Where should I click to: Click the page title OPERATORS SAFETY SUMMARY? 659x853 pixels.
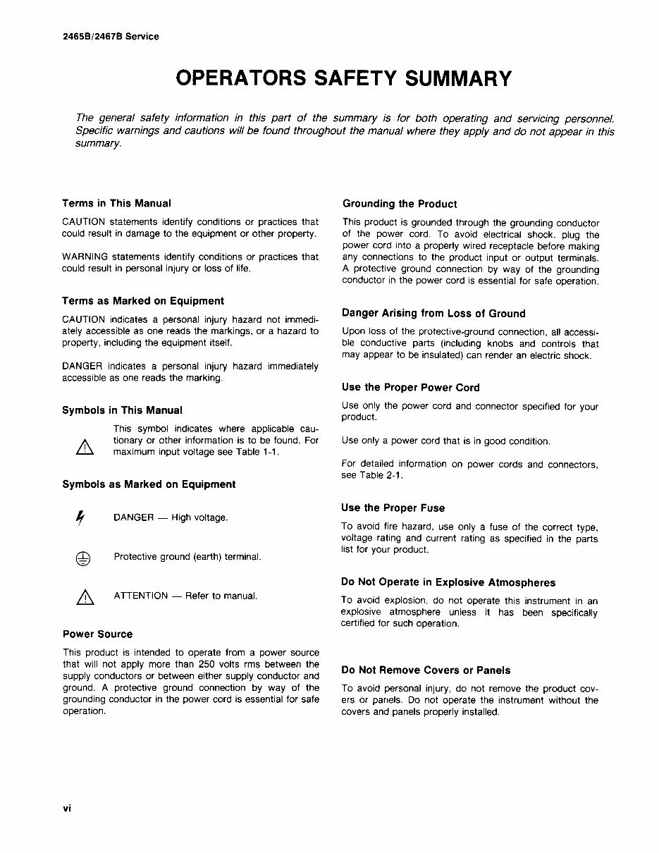343,78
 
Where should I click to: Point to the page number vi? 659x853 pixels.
67,808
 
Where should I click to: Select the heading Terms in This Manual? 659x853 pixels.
116,203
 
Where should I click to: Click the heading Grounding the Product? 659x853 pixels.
399,204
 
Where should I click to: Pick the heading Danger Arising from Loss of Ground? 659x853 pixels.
433,313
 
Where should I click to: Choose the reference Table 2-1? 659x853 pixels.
381,475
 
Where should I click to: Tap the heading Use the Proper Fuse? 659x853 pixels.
393,508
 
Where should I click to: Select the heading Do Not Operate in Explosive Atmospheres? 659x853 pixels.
448,582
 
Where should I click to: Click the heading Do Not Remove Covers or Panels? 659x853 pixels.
426,670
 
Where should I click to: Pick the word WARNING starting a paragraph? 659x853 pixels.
85,257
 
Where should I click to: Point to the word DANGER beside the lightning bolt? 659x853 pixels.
133,518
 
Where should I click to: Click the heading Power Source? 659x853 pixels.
97,634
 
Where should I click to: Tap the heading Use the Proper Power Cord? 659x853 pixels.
410,387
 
